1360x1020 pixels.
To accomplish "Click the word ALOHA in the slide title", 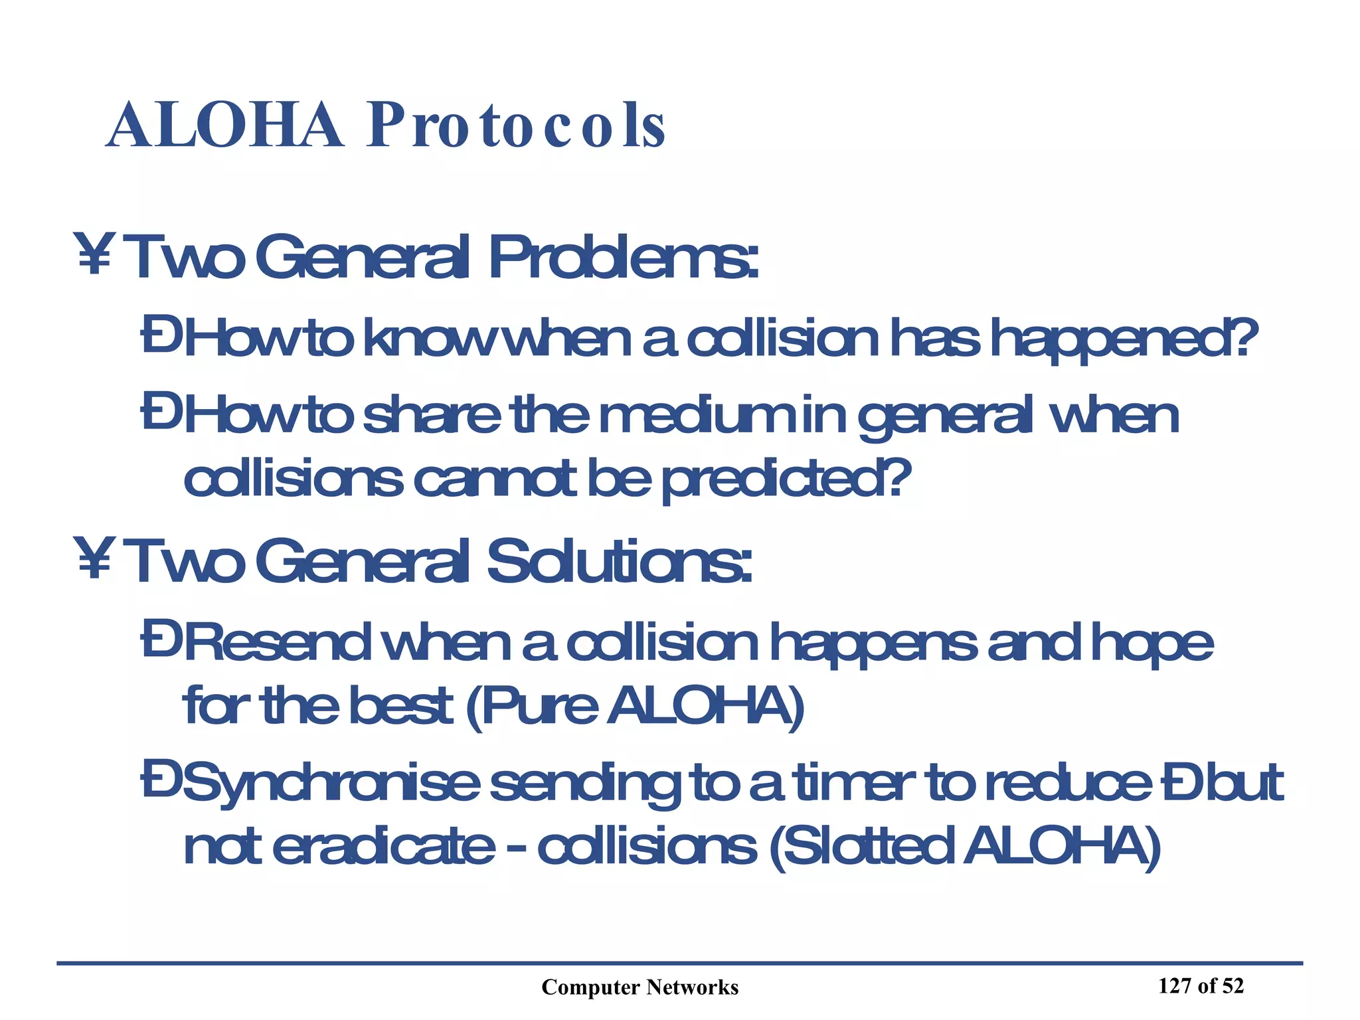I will coord(224,126).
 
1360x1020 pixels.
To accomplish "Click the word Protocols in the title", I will coord(516,126).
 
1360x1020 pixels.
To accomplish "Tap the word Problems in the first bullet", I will coord(622,258).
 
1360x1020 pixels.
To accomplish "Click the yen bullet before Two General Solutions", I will coord(94,558).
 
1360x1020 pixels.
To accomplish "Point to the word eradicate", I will coord(383,847).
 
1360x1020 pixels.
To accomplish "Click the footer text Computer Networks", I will coord(639,987).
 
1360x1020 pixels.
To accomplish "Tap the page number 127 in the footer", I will coord(1175,986).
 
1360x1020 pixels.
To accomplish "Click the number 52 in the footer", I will coord(1232,986).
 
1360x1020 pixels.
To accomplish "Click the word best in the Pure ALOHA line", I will coord(400,706).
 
